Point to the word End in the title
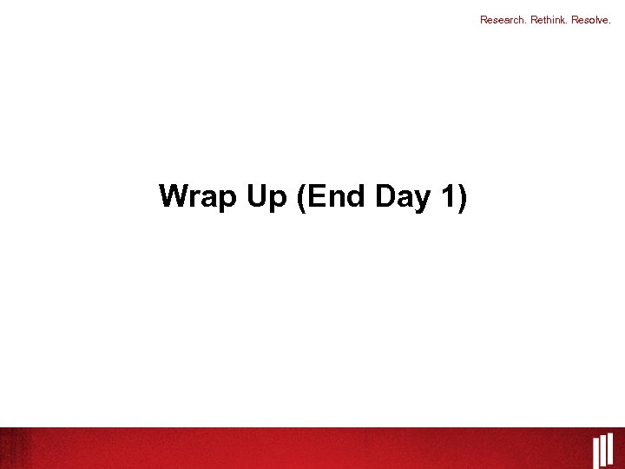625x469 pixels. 339,197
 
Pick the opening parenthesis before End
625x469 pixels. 301,198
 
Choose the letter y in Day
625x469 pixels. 424,201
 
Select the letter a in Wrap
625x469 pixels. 211,200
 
